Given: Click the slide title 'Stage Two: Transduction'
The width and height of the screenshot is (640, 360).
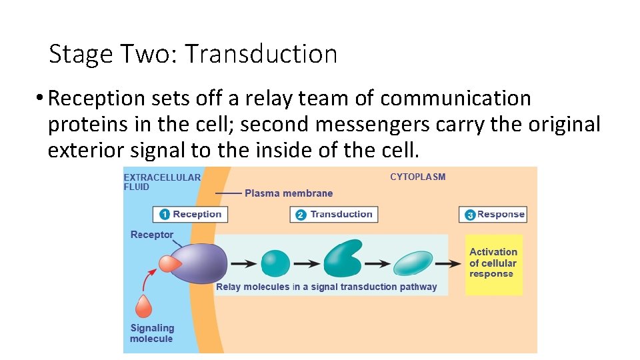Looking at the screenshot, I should click(x=193, y=54).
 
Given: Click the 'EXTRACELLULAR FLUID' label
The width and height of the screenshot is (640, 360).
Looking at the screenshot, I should click(x=161, y=182).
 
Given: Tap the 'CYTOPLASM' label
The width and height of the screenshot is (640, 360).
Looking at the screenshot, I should click(x=417, y=177).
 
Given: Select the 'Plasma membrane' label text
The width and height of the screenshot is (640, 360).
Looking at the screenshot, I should click(x=288, y=193).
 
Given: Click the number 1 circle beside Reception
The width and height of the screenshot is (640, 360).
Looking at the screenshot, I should click(x=164, y=215).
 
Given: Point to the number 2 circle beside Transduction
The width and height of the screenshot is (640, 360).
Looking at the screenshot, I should click(x=301, y=215).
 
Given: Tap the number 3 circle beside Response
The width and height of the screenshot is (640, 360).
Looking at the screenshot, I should click(x=469, y=215).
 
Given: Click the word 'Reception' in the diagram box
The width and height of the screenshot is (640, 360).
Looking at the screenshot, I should click(x=197, y=214).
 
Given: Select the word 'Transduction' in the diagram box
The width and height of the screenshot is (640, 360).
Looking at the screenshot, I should click(x=341, y=214).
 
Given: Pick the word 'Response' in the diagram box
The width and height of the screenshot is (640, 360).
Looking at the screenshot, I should click(x=501, y=214).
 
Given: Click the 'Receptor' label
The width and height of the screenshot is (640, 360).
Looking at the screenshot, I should click(x=151, y=235).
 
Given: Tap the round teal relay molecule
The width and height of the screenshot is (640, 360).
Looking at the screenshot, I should click(x=275, y=263).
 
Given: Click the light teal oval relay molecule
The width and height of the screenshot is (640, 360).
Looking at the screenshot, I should click(x=413, y=263).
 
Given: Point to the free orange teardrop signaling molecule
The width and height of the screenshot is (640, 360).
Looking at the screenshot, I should click(x=143, y=306).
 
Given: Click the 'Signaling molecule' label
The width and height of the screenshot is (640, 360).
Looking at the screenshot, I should click(x=151, y=333).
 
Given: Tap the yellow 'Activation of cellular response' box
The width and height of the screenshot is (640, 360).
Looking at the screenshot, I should click(x=493, y=263).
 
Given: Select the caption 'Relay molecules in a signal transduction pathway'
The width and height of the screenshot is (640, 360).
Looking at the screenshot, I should click(x=326, y=287).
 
